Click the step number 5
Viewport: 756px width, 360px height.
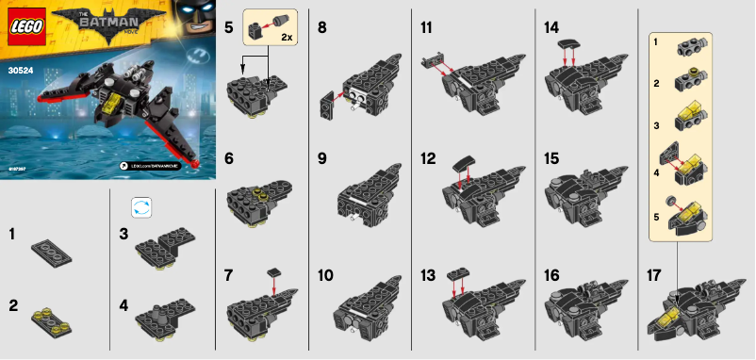(229, 28)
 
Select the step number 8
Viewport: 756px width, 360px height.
(322, 28)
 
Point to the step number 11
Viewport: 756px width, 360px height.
(428, 28)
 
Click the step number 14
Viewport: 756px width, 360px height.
(551, 28)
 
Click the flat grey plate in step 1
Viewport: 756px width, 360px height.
(53, 249)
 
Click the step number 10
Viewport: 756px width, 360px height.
(325, 276)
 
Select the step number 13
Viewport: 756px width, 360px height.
(428, 276)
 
